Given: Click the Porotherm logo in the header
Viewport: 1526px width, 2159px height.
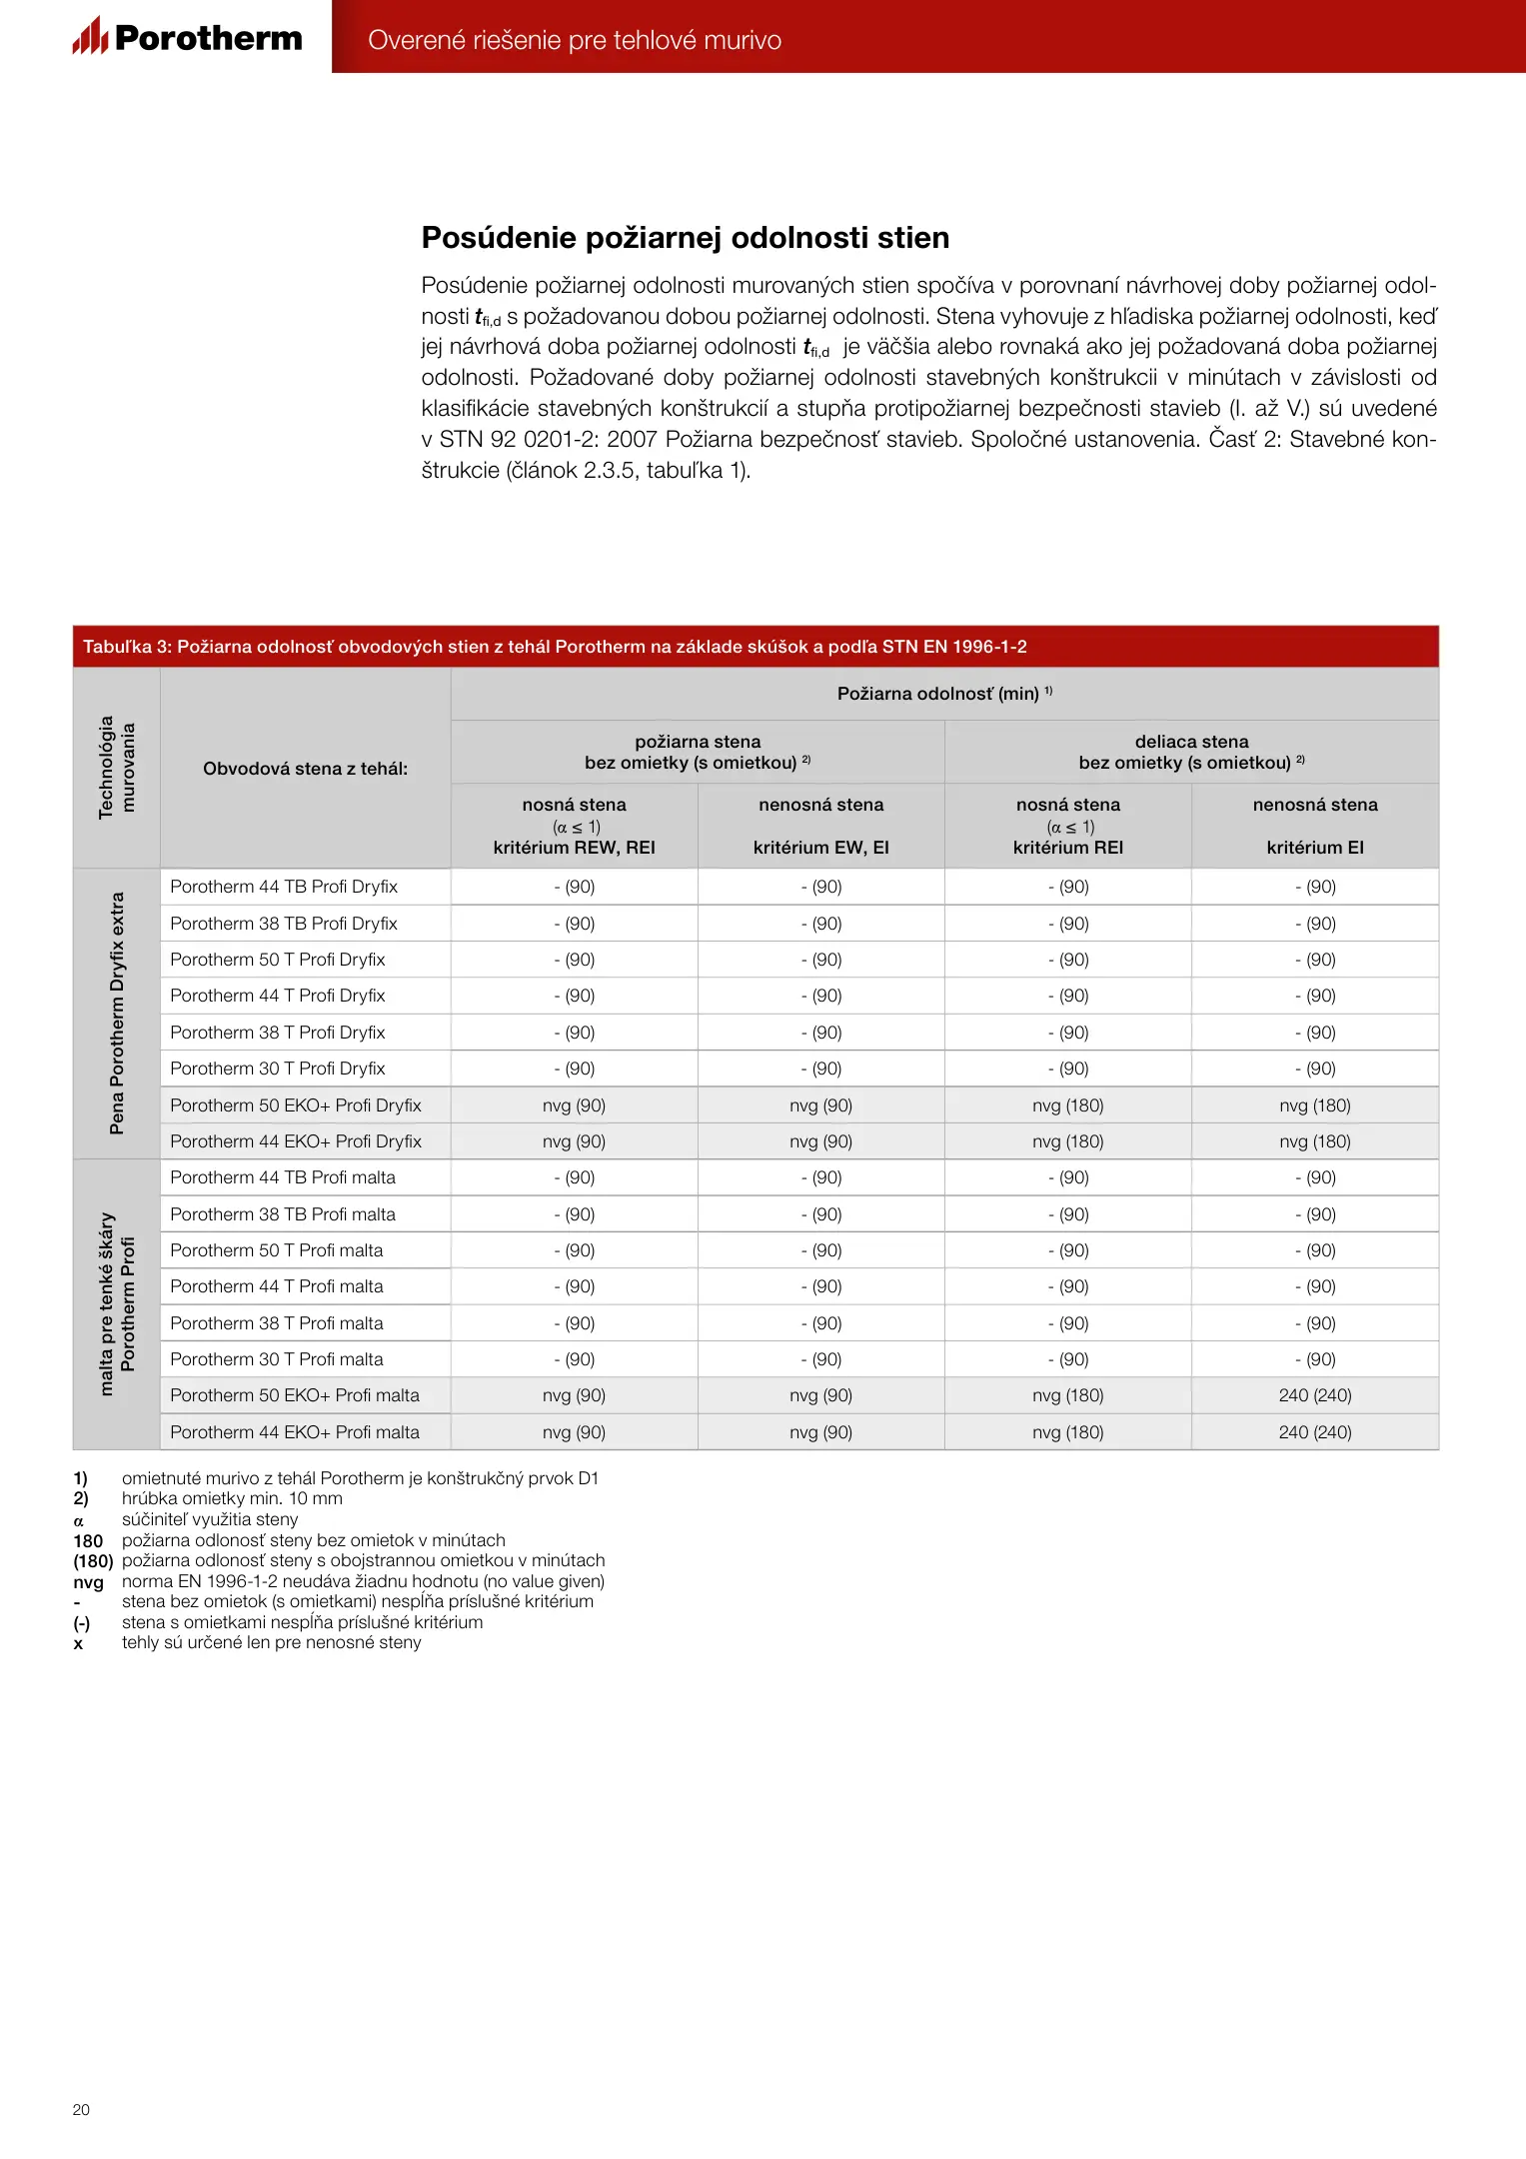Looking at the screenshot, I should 188,37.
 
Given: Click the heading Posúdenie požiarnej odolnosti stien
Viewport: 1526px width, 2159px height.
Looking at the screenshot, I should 685,238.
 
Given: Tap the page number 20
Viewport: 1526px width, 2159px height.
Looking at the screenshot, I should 81,2109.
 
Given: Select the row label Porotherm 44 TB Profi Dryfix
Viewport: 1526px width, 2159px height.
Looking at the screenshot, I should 284,887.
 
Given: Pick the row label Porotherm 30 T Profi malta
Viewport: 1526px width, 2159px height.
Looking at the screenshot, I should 277,1359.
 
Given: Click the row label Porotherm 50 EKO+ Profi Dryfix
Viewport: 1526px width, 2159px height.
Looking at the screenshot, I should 296,1105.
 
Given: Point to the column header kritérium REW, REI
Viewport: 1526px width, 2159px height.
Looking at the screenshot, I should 574,848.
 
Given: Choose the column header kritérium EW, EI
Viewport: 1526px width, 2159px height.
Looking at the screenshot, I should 820,848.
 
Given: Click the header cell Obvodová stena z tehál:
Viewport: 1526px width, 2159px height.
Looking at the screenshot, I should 305,769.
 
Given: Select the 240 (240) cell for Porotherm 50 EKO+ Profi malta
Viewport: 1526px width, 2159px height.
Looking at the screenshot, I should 1315,1395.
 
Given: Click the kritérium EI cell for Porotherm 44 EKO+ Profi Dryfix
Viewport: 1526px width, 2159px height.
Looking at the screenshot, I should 1315,1141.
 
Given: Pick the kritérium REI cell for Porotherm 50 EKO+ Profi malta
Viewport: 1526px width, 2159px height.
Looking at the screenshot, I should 1067,1395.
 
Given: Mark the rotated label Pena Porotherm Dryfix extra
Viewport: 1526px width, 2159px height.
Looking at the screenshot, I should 117,1014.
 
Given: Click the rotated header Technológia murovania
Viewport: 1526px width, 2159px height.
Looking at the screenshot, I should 116,768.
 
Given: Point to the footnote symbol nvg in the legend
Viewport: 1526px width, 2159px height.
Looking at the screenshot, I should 88,1582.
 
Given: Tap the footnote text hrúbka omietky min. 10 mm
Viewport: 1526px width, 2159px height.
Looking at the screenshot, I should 232,1498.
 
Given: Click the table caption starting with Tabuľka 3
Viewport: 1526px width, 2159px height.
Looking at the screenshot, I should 555,647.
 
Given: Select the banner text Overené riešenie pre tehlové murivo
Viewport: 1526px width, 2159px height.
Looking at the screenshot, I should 575,40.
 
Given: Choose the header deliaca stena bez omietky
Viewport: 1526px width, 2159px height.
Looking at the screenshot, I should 1191,752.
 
